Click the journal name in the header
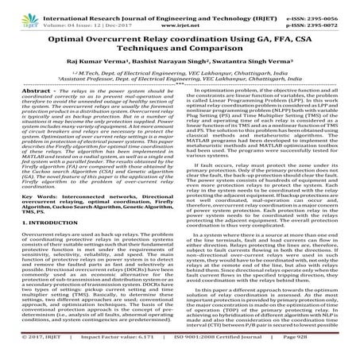pos(172,6)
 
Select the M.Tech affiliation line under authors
pos(180,80)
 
